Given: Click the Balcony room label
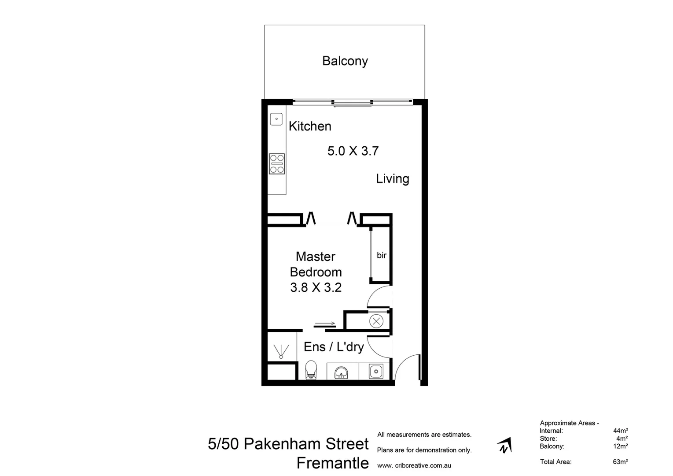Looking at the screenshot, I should tap(345, 61).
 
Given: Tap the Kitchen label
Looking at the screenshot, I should tap(310, 126).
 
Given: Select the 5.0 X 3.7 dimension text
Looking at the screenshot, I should tap(353, 151).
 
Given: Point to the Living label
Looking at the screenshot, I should tap(392, 178).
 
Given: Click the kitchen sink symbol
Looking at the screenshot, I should tap(276, 119).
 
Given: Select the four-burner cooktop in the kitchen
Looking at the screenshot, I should tap(277, 164).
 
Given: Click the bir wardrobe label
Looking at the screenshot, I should tap(381, 255).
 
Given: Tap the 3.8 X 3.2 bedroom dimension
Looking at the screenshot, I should tap(316, 287).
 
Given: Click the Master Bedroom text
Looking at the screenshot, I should tap(316, 264).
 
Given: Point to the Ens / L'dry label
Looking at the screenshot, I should tap(334, 347).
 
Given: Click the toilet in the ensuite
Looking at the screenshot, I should tap(311, 370).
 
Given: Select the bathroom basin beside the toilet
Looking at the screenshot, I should tap(342, 372).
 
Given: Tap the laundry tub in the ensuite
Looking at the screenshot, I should tap(375, 371).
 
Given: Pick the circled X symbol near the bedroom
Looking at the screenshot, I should tap(376, 321).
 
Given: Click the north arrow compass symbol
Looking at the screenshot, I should tap(504, 446).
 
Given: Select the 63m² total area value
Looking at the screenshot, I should tap(620, 462).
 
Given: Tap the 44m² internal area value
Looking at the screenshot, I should tap(620, 431).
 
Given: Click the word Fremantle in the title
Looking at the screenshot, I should tap(332, 463).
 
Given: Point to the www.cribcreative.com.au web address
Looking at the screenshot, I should tap(414, 465).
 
